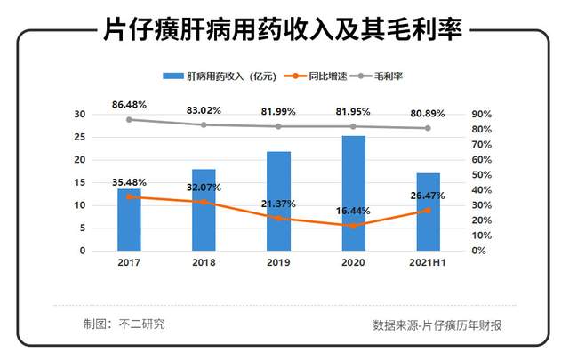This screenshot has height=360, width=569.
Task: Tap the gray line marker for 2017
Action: pyautogui.click(x=129, y=120)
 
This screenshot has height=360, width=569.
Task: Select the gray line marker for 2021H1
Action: pyautogui.click(x=428, y=128)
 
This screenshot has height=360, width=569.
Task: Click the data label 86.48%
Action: pyautogui.click(x=129, y=105)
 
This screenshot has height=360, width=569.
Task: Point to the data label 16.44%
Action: pyautogui.click(x=354, y=212)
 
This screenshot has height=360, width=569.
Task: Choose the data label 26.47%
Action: pyautogui.click(x=428, y=196)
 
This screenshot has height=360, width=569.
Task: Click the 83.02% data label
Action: pyautogui.click(x=204, y=110)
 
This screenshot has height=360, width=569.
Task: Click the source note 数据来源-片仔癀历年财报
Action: pyautogui.click(x=437, y=325)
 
